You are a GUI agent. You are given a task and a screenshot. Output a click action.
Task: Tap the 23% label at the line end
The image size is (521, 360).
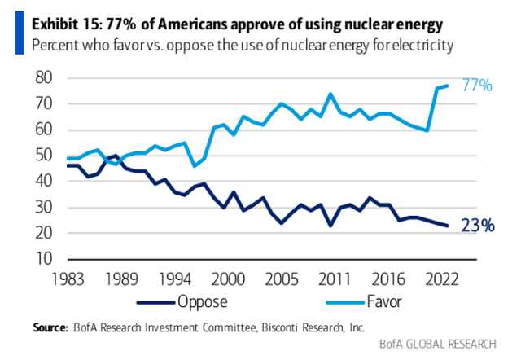coord(477,226)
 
